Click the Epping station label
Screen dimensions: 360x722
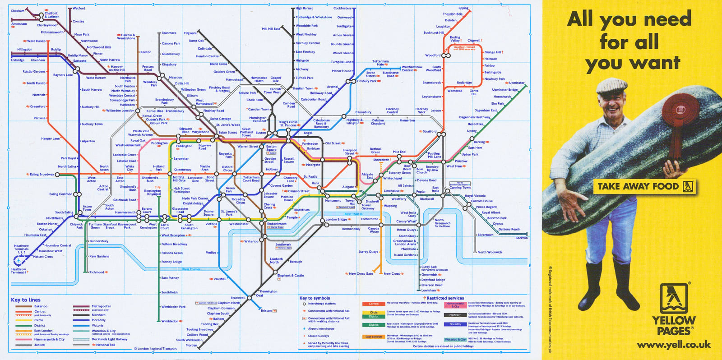coord(463,8)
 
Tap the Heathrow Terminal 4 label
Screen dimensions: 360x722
coord(19,271)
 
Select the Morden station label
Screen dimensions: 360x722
coord(191,346)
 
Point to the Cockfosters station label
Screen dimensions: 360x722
coord(342,8)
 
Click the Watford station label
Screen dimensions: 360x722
coord(79,8)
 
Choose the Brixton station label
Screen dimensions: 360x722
coord(266,310)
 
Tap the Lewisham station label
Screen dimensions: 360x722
coord(429,290)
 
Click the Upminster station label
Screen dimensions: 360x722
coord(516,83)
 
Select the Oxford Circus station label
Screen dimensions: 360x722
coord(227,168)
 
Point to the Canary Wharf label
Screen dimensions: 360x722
coord(406,221)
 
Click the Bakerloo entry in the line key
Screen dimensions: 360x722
coord(41,306)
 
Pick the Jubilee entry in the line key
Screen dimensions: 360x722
coord(40,345)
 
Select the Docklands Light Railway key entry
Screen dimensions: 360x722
coord(109,339)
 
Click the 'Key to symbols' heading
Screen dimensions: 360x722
coord(315,298)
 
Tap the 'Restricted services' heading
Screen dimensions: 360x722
coord(445,298)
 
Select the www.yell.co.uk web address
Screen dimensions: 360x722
coord(674,345)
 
